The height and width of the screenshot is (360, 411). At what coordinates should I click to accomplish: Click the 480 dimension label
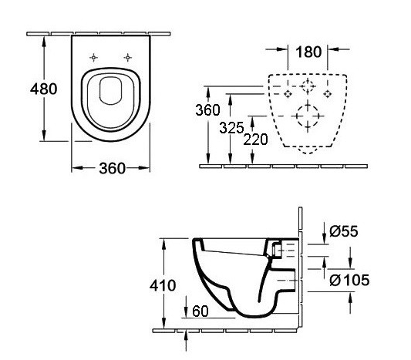[43, 89]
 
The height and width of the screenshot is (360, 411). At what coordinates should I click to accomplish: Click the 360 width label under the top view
[112, 168]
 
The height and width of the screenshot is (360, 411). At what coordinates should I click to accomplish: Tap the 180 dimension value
[308, 52]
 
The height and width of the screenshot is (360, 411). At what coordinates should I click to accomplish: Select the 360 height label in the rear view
[207, 109]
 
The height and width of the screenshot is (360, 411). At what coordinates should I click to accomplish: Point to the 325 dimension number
[231, 128]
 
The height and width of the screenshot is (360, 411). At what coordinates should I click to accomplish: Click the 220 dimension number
[255, 140]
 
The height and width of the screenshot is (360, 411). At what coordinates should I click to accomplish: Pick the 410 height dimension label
[163, 285]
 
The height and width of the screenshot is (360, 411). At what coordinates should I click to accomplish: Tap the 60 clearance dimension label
[200, 311]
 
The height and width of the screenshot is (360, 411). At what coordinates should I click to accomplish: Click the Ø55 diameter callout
[343, 231]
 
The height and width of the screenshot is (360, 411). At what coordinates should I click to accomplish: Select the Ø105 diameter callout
[349, 280]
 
